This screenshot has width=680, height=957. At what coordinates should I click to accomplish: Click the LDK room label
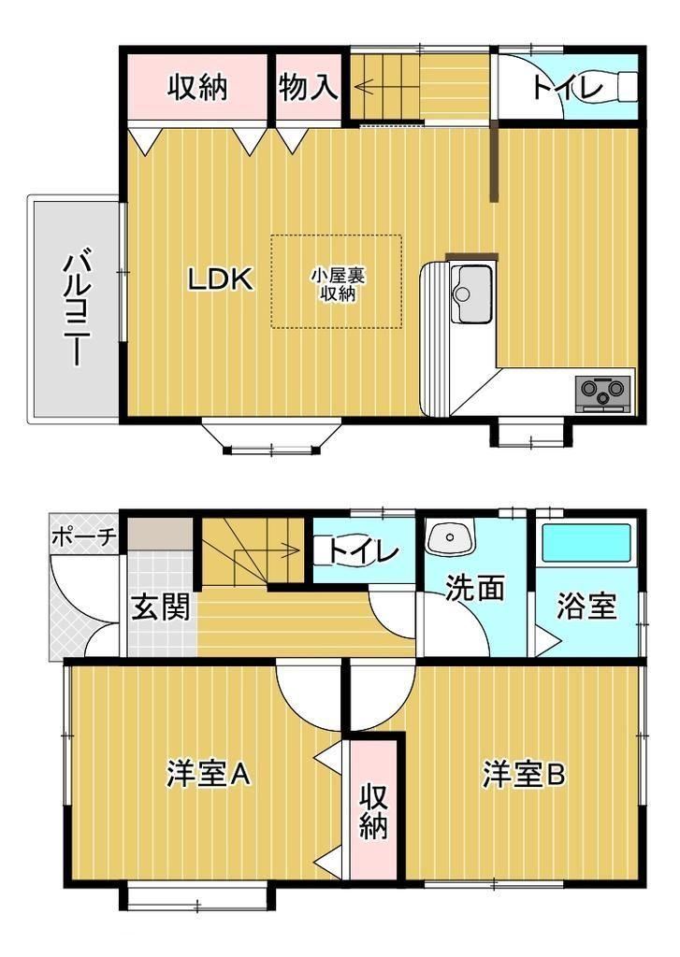[220, 279]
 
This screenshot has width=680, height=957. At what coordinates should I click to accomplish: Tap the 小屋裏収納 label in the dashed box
[338, 284]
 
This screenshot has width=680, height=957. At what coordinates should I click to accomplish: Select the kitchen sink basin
[471, 293]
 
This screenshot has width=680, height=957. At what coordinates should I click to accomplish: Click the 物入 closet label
[309, 88]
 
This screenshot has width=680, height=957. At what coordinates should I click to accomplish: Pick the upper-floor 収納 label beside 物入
[198, 87]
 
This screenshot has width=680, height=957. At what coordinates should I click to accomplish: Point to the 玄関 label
[162, 607]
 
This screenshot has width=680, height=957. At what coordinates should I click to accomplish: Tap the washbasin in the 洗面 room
[451, 536]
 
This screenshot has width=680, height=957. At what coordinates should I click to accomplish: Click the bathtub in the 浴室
[586, 541]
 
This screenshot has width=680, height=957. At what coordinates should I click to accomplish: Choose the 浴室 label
[586, 607]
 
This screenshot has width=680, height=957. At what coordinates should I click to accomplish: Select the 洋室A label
[209, 774]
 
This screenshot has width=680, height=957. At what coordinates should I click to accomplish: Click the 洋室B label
[524, 774]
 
